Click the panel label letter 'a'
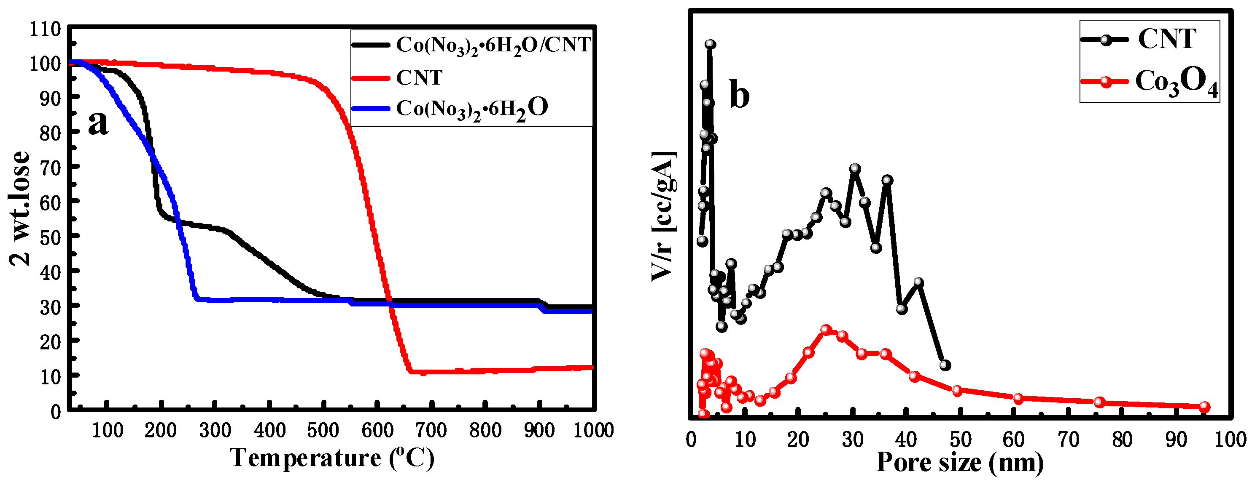click(x=98, y=123)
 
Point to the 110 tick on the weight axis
click(x=45, y=29)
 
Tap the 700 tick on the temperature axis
click(x=431, y=430)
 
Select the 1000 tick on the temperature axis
click(x=593, y=430)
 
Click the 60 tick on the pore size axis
click(x=1014, y=439)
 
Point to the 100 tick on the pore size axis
click(x=1230, y=439)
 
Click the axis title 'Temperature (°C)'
click(x=332, y=458)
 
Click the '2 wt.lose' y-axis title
click(x=20, y=209)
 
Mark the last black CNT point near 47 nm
click(x=945, y=365)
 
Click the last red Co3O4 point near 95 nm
click(x=1204, y=407)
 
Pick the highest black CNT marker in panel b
click(x=710, y=44)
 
